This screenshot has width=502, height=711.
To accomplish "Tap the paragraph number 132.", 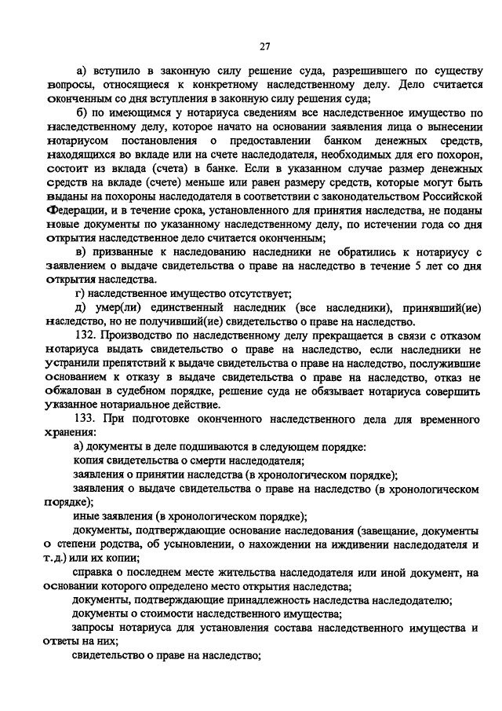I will tap(84, 334).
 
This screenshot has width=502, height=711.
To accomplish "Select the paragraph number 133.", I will tap(84, 418).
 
